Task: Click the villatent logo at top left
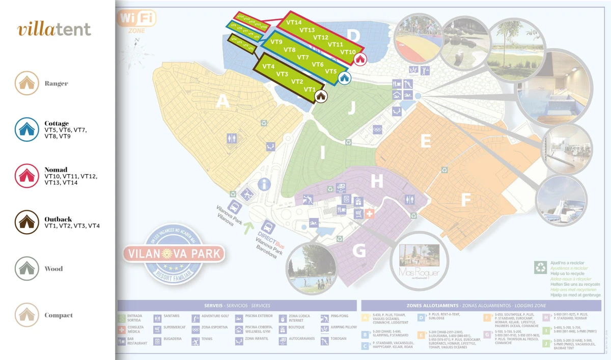pos(54,29)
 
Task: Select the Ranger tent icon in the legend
pos(27,83)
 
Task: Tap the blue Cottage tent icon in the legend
pos(27,129)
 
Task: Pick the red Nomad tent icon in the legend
pos(27,176)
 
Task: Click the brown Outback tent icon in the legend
pos(27,222)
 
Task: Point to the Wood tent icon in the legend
pos(27,268)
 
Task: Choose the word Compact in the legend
pos(58,315)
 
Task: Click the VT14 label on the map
pos(294,22)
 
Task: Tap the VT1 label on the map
pos(310,90)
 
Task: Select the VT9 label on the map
pos(276,42)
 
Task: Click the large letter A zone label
pos(223,102)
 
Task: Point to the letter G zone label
pos(359,251)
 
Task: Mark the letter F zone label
pos(465,201)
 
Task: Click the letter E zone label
pos(426,141)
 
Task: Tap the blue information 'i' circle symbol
pos(264,184)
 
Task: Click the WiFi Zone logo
pos(136,20)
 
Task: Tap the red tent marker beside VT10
pos(360,59)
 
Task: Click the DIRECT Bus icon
pos(268,228)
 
